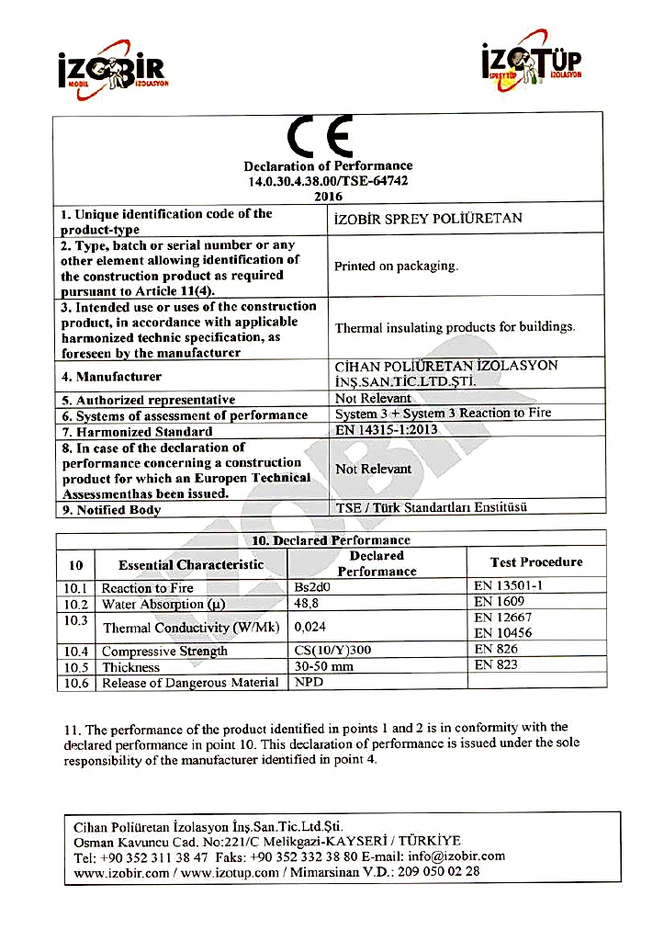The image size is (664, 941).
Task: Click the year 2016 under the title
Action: click(328, 196)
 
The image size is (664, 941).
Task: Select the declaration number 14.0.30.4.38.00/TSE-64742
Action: click(328, 181)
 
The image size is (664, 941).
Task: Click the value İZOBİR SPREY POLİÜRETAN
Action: click(428, 219)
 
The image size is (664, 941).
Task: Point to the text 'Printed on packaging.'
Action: click(396, 266)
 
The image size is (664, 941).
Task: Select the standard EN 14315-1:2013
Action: click(387, 429)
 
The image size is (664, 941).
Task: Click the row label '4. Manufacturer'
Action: click(111, 377)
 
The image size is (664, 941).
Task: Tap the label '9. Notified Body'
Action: click(111, 510)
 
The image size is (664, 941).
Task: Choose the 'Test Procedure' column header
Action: click(536, 562)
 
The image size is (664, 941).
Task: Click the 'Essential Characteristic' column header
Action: click(191, 565)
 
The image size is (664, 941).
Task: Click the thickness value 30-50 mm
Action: click(323, 666)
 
